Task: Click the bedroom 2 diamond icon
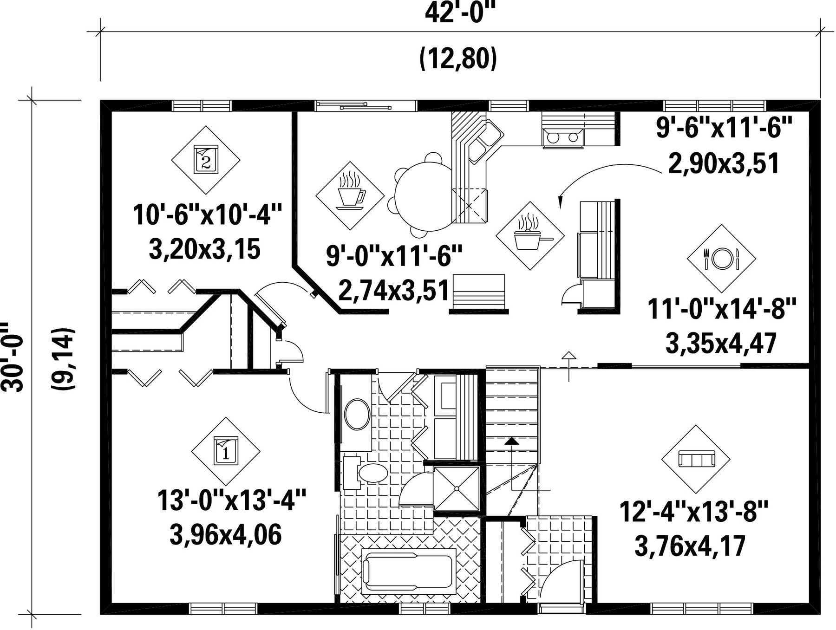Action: (x=206, y=160)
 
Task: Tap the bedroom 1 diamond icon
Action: (x=226, y=451)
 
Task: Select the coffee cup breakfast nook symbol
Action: (x=350, y=195)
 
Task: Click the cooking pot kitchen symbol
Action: (x=530, y=235)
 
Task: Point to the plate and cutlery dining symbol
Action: (x=721, y=259)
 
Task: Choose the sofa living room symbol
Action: (x=696, y=459)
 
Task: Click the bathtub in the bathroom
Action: (x=408, y=571)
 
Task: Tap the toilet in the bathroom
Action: (x=367, y=473)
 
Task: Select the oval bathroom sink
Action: (x=357, y=414)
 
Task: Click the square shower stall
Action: (x=456, y=488)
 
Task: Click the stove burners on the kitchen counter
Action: (x=562, y=137)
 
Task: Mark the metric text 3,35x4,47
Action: (x=721, y=344)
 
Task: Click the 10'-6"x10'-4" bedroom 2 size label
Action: (x=208, y=215)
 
